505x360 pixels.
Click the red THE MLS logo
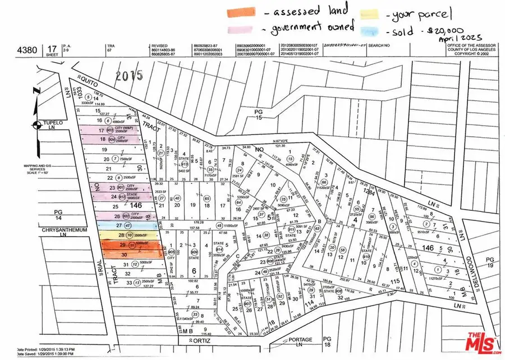coord(478,340)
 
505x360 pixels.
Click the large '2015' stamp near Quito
coord(128,75)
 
